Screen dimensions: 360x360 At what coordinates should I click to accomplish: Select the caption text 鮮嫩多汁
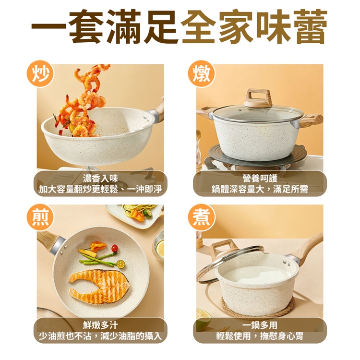point(100,325)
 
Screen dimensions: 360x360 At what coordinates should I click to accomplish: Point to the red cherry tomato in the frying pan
point(115,249)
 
